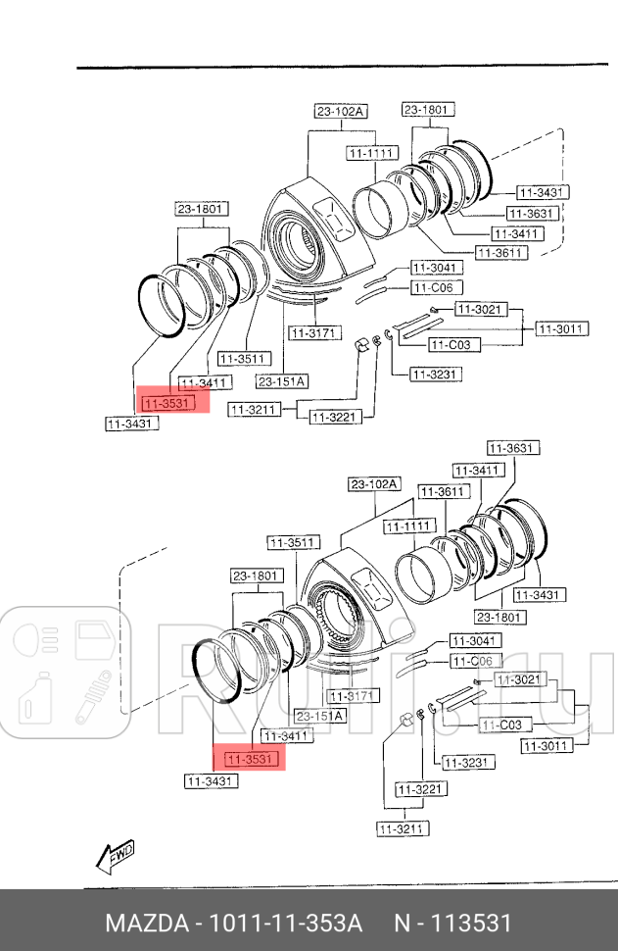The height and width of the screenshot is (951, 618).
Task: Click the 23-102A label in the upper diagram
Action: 340,112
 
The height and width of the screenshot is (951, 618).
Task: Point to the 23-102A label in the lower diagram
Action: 374,484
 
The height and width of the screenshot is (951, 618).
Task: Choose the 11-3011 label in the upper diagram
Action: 560,330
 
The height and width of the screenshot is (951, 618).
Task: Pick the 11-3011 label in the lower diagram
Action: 547,745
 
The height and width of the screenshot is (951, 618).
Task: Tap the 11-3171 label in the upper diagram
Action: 313,333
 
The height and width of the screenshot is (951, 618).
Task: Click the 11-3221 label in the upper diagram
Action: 336,418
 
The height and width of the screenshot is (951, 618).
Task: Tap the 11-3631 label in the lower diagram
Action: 513,448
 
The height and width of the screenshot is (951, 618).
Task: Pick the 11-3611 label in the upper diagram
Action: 500,252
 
